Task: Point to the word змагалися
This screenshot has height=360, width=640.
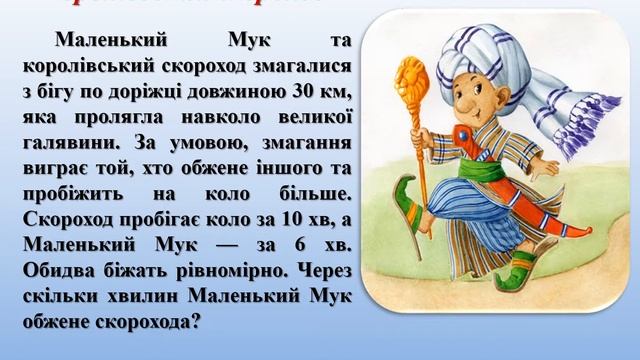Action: click(x=301, y=66)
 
